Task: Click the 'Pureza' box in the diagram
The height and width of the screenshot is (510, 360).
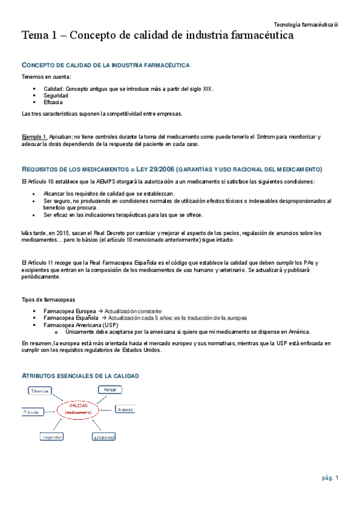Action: pyautogui.click(x=110, y=390)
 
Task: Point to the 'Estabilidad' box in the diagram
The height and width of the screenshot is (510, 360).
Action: pyautogui.click(x=103, y=437)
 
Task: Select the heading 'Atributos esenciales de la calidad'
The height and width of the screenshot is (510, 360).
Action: pyautogui.click(x=80, y=375)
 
